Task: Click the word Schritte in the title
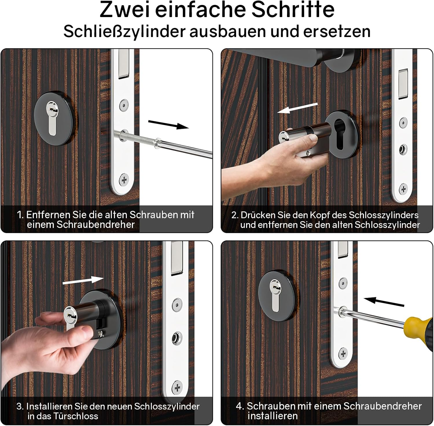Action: [293, 10]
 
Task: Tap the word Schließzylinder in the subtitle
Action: [124, 31]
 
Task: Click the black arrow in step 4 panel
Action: [384, 302]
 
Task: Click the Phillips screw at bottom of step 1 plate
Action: [124, 180]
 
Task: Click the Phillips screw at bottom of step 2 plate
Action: [403, 190]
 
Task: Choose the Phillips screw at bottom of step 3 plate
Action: [177, 387]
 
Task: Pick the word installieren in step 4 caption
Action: [273, 416]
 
